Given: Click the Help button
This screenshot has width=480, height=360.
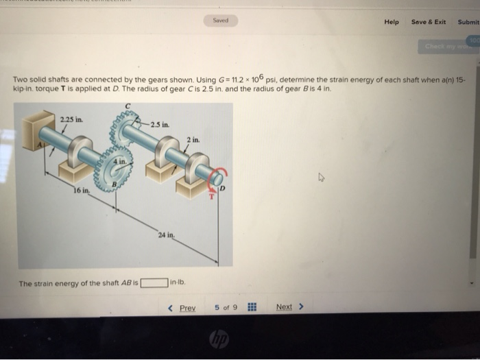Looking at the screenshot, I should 392,22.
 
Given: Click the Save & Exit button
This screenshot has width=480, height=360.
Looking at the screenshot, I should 429,22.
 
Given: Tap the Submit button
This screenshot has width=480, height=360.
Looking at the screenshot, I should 468,22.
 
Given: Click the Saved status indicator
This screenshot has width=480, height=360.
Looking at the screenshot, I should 221,21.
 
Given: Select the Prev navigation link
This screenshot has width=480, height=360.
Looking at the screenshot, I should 182,307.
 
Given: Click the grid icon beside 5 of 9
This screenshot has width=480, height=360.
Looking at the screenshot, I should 252,307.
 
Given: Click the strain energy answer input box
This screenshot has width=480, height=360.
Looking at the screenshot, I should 155,282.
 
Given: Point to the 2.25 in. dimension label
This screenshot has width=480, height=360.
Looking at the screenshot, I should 71,120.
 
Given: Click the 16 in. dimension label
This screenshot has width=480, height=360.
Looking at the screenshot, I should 81,190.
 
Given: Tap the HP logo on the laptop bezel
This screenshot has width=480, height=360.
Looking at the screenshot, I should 219,339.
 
